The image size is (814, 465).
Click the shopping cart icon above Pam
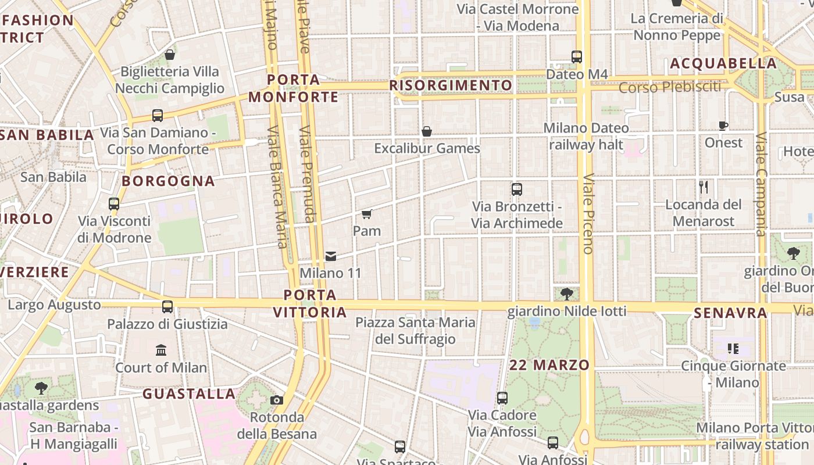(367, 214)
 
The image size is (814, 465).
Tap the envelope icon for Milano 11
(331, 256)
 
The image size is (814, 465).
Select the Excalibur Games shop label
(427, 148)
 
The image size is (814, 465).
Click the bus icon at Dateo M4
(577, 57)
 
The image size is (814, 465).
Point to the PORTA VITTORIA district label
(310, 303)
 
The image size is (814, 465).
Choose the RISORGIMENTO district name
(451, 86)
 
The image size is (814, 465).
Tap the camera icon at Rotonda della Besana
(277, 400)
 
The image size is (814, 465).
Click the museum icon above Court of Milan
(161, 350)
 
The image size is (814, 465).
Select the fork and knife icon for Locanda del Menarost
(704, 187)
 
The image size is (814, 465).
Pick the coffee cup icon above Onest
(723, 126)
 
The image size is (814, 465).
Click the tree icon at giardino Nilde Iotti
(567, 294)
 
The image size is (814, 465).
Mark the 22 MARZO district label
(549, 365)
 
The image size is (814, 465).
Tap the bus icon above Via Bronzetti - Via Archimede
(516, 189)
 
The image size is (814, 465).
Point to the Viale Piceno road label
(588, 213)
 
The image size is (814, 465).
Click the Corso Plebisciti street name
(669, 87)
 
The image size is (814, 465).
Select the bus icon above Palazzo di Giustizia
(167, 306)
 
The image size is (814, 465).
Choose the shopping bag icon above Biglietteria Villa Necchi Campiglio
(170, 55)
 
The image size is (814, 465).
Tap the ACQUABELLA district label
(723, 63)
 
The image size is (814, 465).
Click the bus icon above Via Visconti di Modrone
(114, 204)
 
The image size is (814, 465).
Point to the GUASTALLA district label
(189, 394)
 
